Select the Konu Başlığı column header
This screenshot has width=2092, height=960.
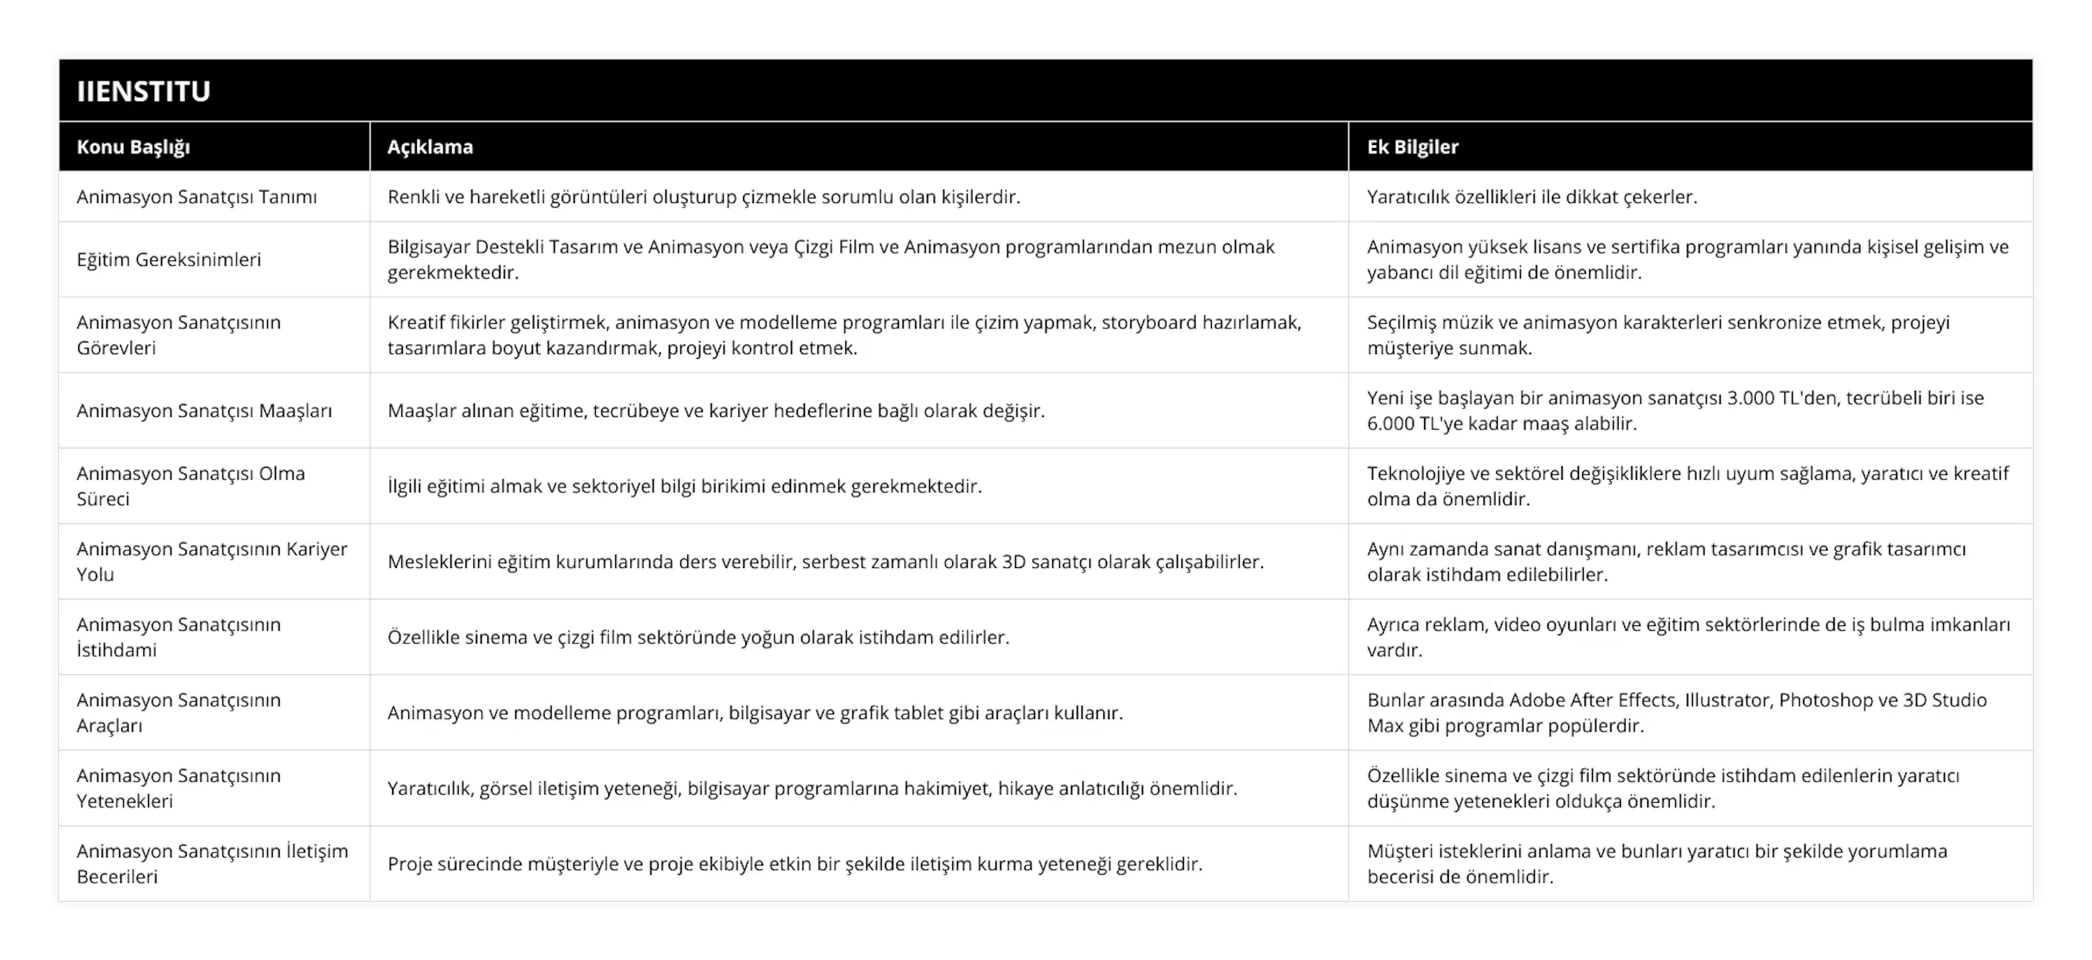(133, 147)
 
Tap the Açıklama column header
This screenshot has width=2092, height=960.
(429, 147)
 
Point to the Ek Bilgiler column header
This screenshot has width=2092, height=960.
(1412, 147)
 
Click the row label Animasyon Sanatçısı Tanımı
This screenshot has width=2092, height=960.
(197, 198)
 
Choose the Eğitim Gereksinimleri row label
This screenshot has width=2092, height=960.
(169, 260)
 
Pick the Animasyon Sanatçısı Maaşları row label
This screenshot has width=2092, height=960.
(204, 411)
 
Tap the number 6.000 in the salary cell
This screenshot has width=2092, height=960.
(1390, 424)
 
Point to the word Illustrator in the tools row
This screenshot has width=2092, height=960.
(1727, 700)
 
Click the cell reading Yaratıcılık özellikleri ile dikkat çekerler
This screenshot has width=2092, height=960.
(1532, 198)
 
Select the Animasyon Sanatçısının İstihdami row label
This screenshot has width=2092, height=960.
(179, 637)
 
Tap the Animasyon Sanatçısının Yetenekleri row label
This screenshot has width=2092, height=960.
(179, 788)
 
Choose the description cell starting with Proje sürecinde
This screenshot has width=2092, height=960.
(794, 864)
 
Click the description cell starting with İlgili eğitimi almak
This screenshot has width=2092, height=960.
(684, 487)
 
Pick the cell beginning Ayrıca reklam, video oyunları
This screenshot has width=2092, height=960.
(1688, 637)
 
